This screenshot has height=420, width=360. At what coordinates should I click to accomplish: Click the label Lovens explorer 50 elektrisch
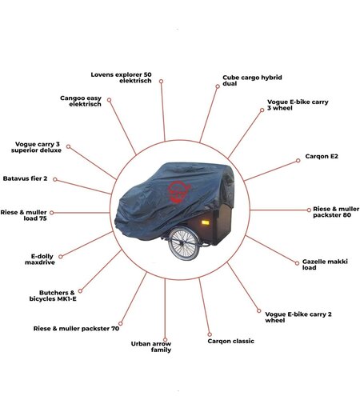click(x=121, y=78)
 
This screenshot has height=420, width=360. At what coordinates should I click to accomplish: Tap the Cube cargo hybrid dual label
click(x=252, y=80)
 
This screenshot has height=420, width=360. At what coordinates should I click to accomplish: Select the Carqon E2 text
click(x=322, y=156)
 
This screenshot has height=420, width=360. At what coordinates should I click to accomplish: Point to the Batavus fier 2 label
click(x=25, y=178)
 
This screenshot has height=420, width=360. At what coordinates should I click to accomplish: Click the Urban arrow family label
click(x=151, y=346)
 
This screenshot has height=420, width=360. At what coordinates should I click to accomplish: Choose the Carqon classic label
click(x=230, y=342)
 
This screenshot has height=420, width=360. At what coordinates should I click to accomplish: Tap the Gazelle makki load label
click(x=325, y=264)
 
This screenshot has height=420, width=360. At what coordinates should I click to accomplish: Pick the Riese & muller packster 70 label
click(x=76, y=328)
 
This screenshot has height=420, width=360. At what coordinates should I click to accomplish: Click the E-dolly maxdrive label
click(x=40, y=259)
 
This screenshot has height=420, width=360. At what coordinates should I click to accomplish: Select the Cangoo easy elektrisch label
click(x=81, y=101)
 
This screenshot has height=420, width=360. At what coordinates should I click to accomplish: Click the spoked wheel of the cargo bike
click(x=184, y=243)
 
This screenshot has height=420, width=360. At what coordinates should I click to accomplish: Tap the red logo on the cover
click(x=179, y=192)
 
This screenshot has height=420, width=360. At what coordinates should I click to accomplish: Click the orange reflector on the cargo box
click(x=205, y=222)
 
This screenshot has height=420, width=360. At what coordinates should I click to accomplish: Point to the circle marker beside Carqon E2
click(x=298, y=161)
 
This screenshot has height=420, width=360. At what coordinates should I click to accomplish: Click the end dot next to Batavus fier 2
click(x=55, y=179)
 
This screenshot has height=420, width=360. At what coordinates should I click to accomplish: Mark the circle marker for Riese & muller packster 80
click(x=309, y=210)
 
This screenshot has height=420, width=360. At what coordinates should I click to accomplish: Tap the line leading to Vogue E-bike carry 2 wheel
click(x=243, y=286)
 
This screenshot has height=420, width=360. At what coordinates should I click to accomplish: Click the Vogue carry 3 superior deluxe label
click(x=36, y=147)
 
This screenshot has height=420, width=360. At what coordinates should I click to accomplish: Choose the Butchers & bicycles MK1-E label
click(x=53, y=296)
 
